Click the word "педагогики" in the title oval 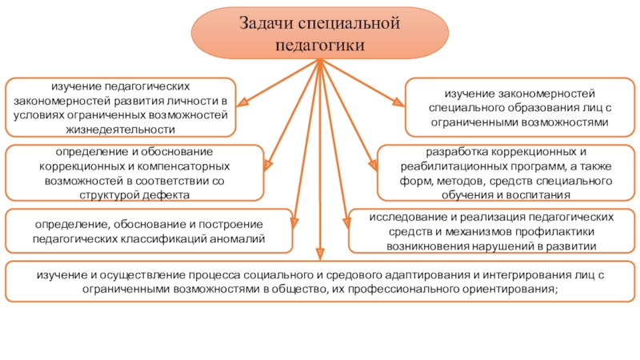click(319, 46)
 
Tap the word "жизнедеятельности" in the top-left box click(121, 128)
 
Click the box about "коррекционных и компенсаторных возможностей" click(134, 172)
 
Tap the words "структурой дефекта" click(134, 194)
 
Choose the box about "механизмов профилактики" click(491, 230)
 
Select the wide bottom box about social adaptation click(319, 282)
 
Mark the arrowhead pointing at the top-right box click(398, 102)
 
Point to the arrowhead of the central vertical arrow click(320, 254)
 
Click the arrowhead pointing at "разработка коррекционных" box click(373, 165)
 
